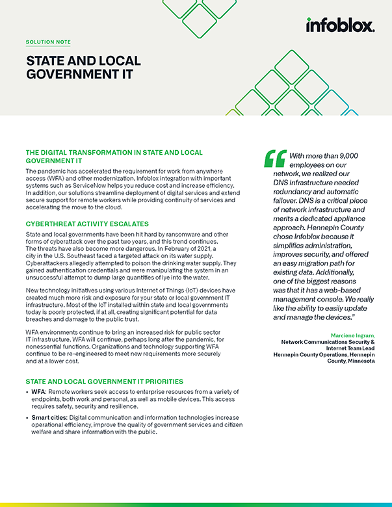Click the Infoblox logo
coord(340,25)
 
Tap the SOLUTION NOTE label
coord(48,42)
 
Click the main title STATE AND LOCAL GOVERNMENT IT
coord(83,68)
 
